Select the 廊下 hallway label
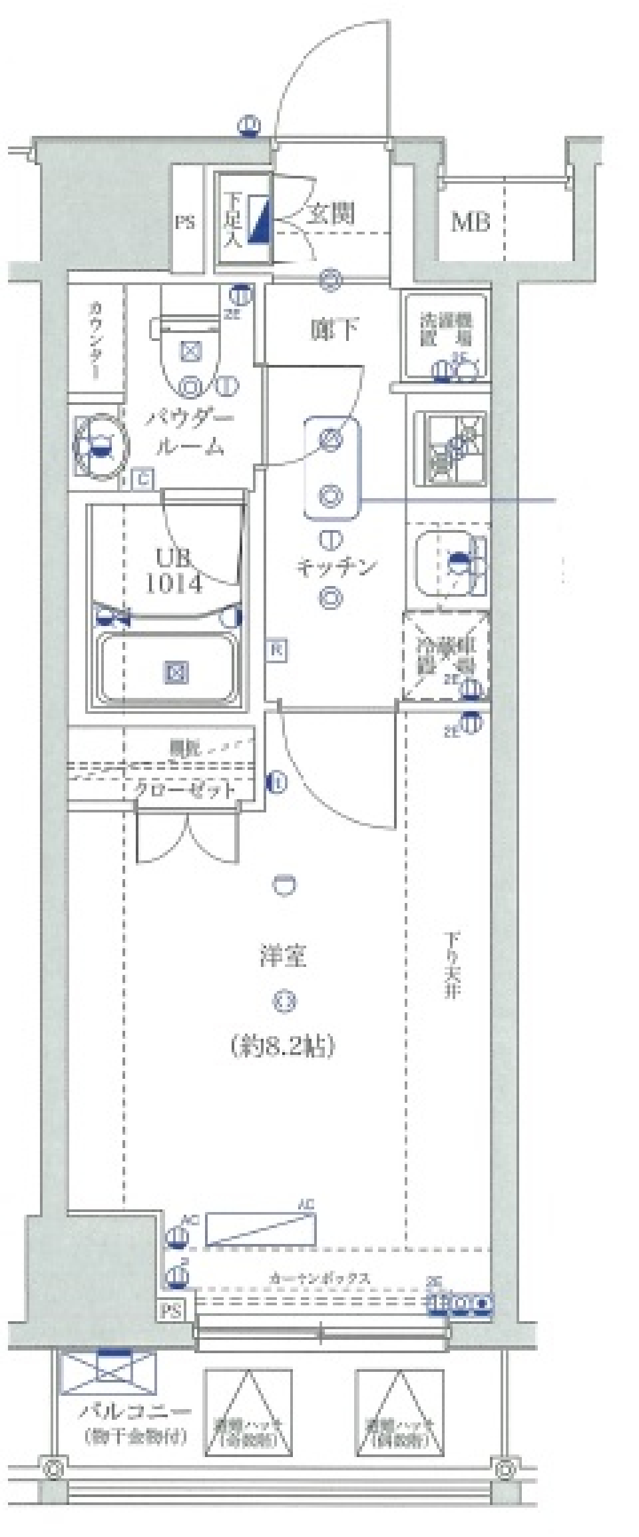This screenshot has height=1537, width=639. (334, 330)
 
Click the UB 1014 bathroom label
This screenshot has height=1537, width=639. (174, 571)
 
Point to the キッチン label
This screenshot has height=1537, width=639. (337, 567)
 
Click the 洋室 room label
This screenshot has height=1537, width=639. (283, 957)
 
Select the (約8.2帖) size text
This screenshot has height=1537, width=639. (283, 1048)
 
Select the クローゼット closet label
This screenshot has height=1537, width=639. (185, 790)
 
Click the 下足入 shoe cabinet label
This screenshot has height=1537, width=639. (231, 220)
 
